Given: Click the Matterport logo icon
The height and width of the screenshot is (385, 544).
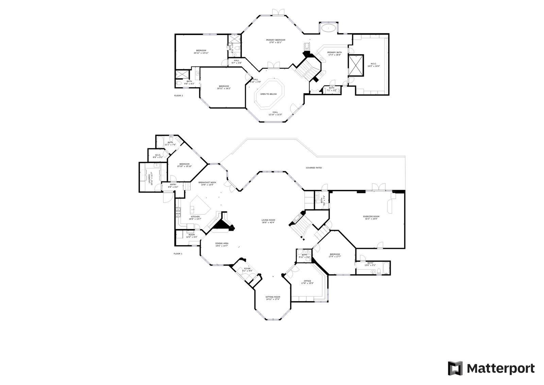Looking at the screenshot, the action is pyautogui.click(x=455, y=368).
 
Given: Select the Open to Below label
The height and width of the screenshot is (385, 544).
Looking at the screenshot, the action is pyautogui.click(x=269, y=94).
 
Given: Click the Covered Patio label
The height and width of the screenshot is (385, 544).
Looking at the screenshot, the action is pyautogui.click(x=313, y=168).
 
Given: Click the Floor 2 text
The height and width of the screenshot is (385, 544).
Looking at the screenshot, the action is pyautogui.click(x=178, y=96).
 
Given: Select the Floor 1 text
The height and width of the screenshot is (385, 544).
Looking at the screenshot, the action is pyautogui.click(x=178, y=254).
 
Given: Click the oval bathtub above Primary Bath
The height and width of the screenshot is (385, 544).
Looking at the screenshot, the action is pyautogui.click(x=328, y=28).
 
